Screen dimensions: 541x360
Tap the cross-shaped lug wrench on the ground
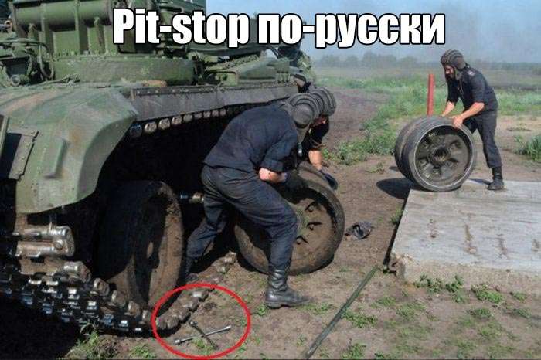[x=202, y=334]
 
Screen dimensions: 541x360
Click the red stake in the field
[x=430, y=95]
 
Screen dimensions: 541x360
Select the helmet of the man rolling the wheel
[x=453, y=59]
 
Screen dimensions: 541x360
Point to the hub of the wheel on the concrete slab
[x=439, y=155]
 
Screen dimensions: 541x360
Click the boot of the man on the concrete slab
[x=496, y=178]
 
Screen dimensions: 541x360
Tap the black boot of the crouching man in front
[x=283, y=289]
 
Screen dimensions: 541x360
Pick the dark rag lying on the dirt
[x=359, y=230]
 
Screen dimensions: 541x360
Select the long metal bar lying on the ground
[x=340, y=312]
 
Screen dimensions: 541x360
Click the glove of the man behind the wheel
[x=329, y=180]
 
